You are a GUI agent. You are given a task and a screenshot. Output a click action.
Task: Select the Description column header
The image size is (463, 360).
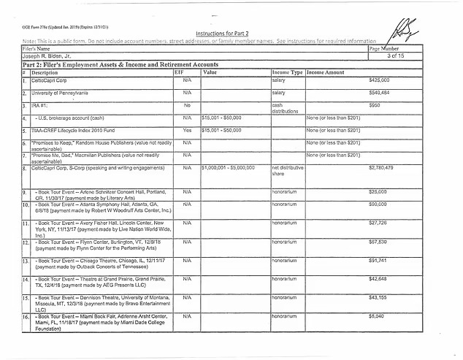click(45, 73)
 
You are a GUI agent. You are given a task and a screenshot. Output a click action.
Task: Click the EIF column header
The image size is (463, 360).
click(179, 73)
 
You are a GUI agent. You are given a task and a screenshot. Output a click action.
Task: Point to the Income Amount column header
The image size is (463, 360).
click(326, 73)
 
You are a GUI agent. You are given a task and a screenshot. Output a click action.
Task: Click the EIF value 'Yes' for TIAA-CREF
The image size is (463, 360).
click(187, 130)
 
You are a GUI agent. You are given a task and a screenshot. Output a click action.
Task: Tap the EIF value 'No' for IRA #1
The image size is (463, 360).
click(187, 106)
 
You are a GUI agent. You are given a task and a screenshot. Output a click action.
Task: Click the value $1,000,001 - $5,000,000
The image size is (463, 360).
click(228, 168)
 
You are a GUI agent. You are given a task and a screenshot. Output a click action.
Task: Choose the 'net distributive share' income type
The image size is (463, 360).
click(288, 171)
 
